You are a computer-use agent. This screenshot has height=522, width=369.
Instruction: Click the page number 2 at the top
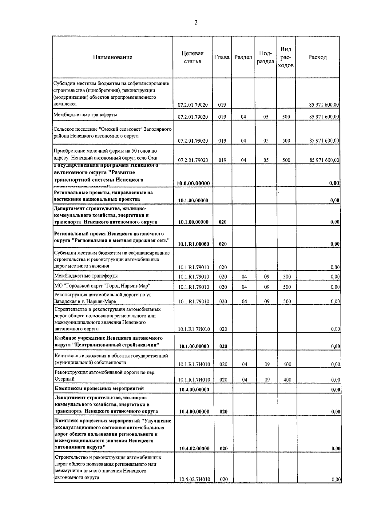coord(196,22)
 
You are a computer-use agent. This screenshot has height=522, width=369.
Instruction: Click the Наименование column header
coord(113,57)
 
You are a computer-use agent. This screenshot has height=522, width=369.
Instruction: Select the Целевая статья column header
coord(192,57)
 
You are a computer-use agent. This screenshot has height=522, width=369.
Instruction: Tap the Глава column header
coord(222,57)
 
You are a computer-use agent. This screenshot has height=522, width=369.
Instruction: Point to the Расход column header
coord(317,57)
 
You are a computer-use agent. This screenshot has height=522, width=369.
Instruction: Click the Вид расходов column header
coord(286,57)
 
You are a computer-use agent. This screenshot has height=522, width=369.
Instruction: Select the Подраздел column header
coord(266,57)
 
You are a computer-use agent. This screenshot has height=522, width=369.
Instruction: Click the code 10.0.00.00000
coord(193,184)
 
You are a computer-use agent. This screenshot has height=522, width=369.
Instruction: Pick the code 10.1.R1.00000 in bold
coord(194,244)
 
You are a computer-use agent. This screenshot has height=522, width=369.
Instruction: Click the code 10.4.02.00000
coord(194,449)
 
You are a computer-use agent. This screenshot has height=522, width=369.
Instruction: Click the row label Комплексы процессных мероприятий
coord(99,388)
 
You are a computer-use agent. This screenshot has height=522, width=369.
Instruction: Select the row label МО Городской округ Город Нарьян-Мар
coord(102,286)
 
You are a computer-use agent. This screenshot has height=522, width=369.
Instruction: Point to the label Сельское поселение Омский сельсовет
coord(112,132)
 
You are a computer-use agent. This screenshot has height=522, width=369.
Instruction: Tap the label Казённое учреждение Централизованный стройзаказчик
coord(109,342)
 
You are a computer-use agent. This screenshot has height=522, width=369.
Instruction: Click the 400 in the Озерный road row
coord(287,380)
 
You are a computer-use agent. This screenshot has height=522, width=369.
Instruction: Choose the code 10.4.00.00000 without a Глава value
coord(194,390)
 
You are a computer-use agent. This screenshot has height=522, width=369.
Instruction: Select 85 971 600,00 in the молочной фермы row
coord(324,160)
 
